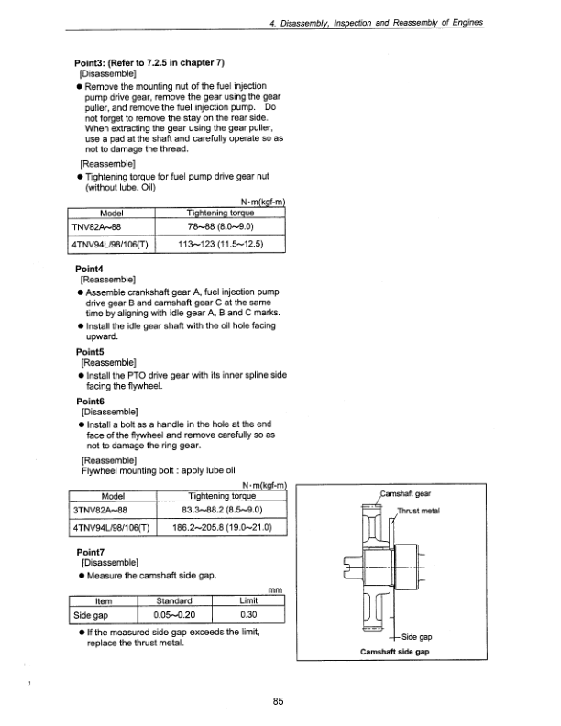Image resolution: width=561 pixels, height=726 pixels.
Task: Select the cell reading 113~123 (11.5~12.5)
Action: click(x=220, y=245)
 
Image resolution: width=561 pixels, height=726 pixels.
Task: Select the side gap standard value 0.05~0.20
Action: click(x=174, y=615)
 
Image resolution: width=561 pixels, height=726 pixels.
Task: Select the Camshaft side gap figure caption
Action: click(x=397, y=650)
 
